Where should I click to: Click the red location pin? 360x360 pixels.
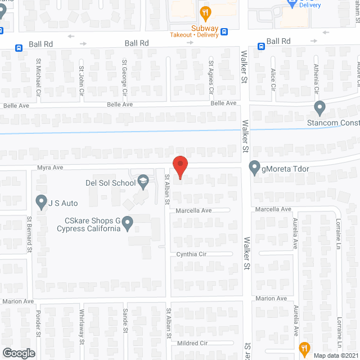(179, 167)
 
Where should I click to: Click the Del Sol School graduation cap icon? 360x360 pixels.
(143, 181)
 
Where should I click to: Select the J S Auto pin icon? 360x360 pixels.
(41, 201)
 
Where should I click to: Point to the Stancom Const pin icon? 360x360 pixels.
(320, 107)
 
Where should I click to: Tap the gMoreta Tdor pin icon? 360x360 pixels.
(254, 168)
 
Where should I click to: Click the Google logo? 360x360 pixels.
(19, 353)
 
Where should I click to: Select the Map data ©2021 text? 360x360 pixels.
(335, 355)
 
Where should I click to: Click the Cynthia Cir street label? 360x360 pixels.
(192, 254)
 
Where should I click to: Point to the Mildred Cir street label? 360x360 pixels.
(192, 343)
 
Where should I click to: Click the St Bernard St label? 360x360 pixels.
(29, 230)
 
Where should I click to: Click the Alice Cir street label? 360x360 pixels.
(273, 79)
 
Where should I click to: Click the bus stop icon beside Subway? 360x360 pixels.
(224, 31)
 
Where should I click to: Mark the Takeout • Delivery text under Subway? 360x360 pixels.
(193, 34)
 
